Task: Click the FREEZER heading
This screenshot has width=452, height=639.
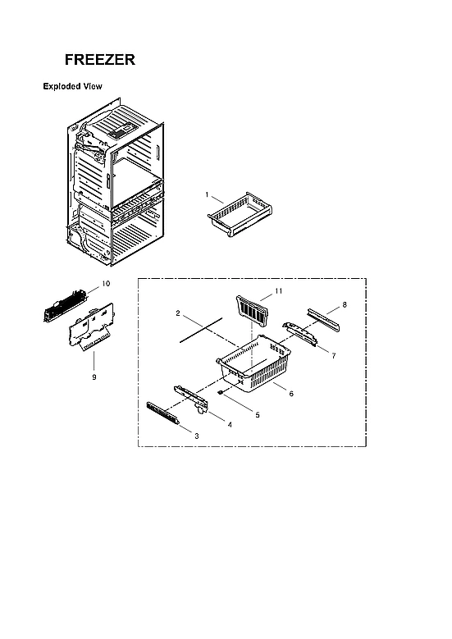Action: [100, 61]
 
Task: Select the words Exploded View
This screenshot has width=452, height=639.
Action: [72, 86]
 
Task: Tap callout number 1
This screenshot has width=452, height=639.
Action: [208, 195]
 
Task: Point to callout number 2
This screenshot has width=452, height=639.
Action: [177, 313]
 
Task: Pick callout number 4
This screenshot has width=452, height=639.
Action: [229, 425]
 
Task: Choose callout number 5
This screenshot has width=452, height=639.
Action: [257, 415]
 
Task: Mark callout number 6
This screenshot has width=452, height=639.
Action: [290, 394]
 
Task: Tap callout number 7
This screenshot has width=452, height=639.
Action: [334, 355]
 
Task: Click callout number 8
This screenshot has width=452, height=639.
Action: [345, 304]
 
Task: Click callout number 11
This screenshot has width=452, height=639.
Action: [278, 291]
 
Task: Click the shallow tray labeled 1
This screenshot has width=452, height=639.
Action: [240, 214]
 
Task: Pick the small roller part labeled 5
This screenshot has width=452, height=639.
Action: [221, 394]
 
